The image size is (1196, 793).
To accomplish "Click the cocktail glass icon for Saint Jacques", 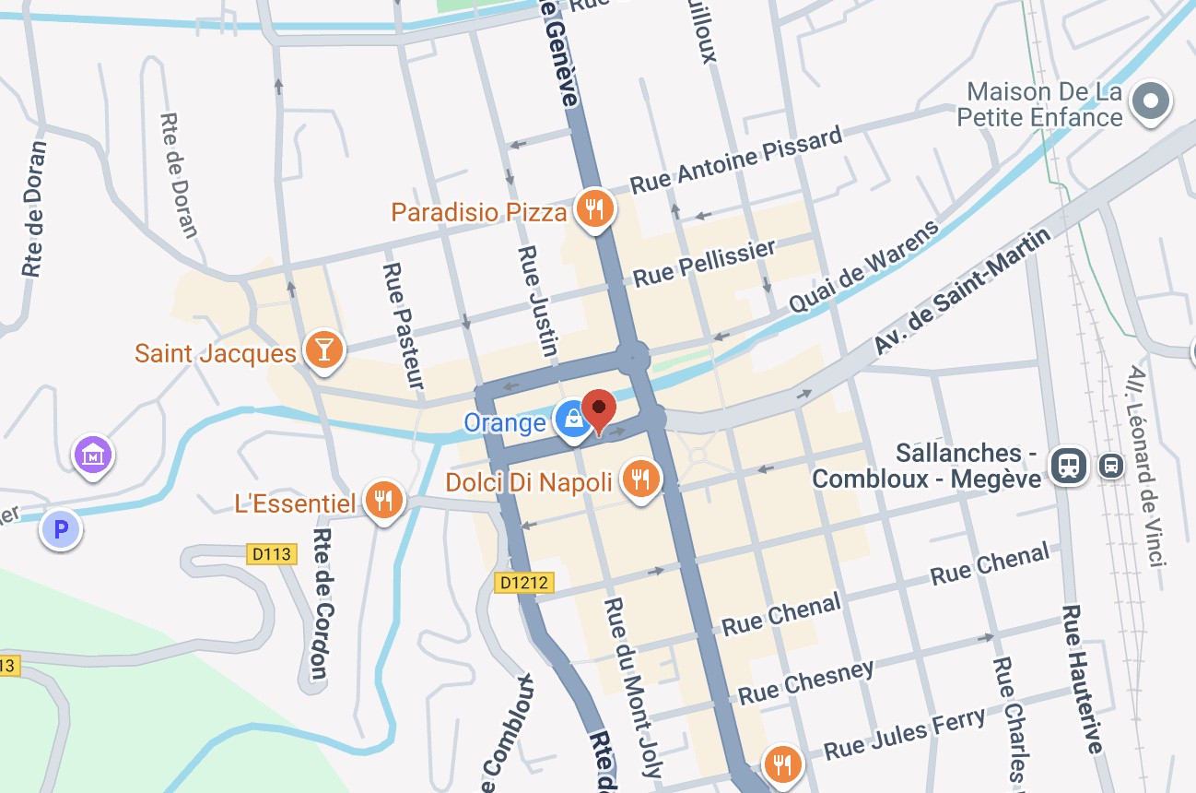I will (324, 349).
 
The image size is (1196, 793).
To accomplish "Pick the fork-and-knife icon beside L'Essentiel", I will (382, 500).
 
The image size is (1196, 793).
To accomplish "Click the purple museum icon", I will (94, 455).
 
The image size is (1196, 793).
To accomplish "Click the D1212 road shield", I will (523, 583).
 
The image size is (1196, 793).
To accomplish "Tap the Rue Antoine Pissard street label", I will (736, 160).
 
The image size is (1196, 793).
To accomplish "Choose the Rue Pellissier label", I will (705, 263).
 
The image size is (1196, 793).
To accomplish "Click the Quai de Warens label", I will (864, 267).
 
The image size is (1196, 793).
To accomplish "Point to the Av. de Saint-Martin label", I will (963, 291).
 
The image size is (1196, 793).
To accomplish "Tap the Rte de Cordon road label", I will (320, 603).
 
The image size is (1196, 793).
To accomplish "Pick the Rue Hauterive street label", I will (1082, 678).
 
